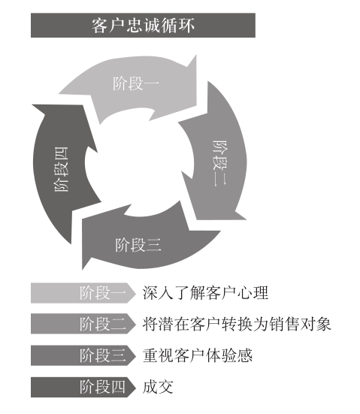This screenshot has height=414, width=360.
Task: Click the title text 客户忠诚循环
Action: tap(143, 26)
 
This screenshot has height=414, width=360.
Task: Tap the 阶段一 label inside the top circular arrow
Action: tap(136, 83)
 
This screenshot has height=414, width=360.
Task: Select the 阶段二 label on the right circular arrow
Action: tap(219, 163)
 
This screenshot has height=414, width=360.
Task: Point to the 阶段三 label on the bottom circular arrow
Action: tap(138, 244)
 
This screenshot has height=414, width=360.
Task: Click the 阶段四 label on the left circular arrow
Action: tap(62, 169)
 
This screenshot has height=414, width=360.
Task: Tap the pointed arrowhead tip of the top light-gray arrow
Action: tap(196, 55)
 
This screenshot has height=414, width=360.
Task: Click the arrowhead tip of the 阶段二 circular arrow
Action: tap(247, 219)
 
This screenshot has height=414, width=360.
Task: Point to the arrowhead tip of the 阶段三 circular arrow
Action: tap(83, 269)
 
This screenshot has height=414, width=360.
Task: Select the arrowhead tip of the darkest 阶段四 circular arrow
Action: tap(32, 105)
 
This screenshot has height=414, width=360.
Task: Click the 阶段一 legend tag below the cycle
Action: tap(83, 293)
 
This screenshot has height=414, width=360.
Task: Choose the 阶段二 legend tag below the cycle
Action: tap(83, 324)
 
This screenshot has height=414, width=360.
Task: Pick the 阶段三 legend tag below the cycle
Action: tap(83, 355)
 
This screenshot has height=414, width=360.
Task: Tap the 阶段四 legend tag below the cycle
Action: tap(83, 387)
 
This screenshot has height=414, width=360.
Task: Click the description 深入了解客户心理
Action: tap(205, 293)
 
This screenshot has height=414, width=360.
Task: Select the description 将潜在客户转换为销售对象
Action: tap(237, 324)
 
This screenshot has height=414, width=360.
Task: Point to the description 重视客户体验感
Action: tap(198, 355)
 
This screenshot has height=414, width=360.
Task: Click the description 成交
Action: tap(158, 387)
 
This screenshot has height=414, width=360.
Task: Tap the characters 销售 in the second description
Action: tap(284, 324)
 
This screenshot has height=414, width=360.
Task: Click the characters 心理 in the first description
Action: tap(253, 293)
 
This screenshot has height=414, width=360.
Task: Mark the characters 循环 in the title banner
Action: tap(178, 26)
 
